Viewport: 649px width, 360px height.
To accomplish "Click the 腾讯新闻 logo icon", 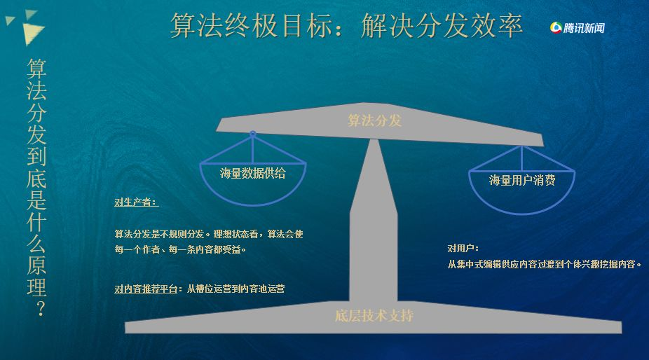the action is [x=556, y=28].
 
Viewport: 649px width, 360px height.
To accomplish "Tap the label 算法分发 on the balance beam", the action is [x=374, y=120].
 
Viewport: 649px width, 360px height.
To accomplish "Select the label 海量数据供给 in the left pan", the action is [x=253, y=173].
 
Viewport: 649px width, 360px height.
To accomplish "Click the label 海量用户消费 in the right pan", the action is [x=522, y=180].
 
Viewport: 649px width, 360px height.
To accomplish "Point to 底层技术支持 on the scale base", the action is [x=374, y=316].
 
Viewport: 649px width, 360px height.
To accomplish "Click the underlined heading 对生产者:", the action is [x=136, y=202].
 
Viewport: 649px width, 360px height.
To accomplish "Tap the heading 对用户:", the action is [x=463, y=248].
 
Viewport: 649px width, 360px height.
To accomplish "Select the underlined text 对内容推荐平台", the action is [x=146, y=289].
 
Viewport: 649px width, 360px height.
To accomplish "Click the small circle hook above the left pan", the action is [x=252, y=134].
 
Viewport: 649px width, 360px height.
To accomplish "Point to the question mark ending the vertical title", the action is [x=40, y=308].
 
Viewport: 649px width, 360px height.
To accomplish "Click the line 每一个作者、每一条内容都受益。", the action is [x=180, y=249].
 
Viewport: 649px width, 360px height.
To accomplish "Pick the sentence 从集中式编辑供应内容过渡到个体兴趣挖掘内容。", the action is [x=545, y=264].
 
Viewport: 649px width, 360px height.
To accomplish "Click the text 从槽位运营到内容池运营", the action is [x=235, y=289].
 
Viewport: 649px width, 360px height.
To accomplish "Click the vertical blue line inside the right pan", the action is [x=522, y=158].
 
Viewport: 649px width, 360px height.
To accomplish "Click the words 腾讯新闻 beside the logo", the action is [x=584, y=28].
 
